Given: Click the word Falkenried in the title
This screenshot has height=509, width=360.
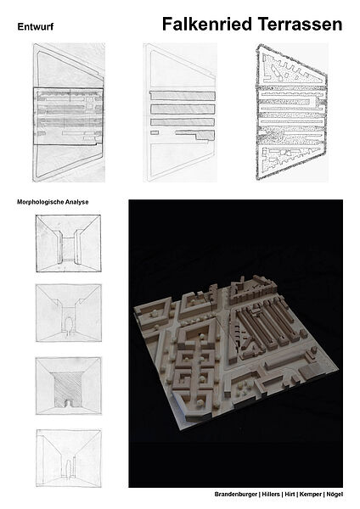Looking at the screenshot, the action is [207, 25].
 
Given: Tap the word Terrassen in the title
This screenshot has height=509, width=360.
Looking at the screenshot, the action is [300, 25].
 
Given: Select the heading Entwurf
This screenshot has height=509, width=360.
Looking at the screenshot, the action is [36, 26].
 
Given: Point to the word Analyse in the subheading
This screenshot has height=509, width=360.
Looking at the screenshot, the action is [76, 202].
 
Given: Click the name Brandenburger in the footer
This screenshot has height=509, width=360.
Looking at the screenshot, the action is [236, 495].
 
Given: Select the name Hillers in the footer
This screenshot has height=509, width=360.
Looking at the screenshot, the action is [271, 495].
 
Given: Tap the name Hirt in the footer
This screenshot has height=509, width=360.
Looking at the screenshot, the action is [290, 495].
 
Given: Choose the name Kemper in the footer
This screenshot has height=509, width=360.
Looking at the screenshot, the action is [310, 495].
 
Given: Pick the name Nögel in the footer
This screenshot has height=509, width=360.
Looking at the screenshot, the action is [335, 495].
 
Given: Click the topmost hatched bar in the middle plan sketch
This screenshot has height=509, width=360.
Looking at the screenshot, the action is [183, 96].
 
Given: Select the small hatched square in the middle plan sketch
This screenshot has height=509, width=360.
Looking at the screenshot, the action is [155, 132].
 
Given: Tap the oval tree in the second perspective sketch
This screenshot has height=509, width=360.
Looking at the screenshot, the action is [68, 325].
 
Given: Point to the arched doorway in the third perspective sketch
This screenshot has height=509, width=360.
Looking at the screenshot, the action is [68, 403].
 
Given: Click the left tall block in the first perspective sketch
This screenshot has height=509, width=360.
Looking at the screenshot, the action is [59, 247].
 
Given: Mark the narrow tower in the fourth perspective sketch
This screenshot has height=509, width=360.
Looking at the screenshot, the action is [74, 467].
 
